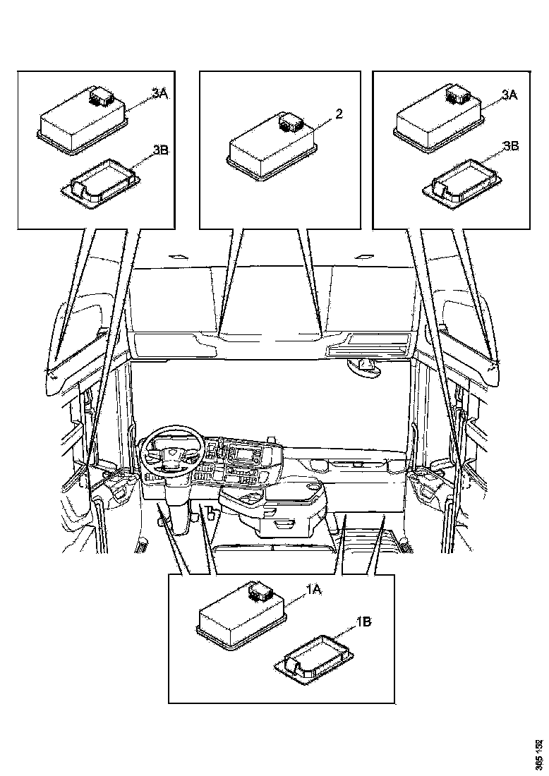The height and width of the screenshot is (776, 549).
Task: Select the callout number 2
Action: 339,114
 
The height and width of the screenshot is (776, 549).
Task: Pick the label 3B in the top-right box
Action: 510,146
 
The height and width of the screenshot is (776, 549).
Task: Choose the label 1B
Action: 363,622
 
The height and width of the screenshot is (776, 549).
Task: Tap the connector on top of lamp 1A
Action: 260,590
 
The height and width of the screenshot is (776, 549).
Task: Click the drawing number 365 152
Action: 539,753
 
